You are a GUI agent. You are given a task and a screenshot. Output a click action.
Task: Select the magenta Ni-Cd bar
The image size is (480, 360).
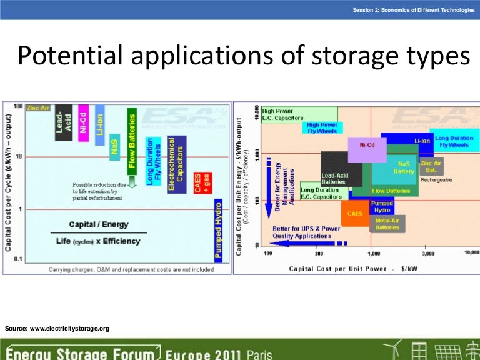coord(83,124)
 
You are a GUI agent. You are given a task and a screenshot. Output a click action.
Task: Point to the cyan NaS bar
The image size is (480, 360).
coord(114,147)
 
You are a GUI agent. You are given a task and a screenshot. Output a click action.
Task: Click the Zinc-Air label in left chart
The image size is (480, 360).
coord(38,108)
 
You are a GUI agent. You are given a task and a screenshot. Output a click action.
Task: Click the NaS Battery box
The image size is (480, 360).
coord(403,167)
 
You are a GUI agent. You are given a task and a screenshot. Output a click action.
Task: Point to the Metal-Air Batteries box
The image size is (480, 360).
coord(387,223)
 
